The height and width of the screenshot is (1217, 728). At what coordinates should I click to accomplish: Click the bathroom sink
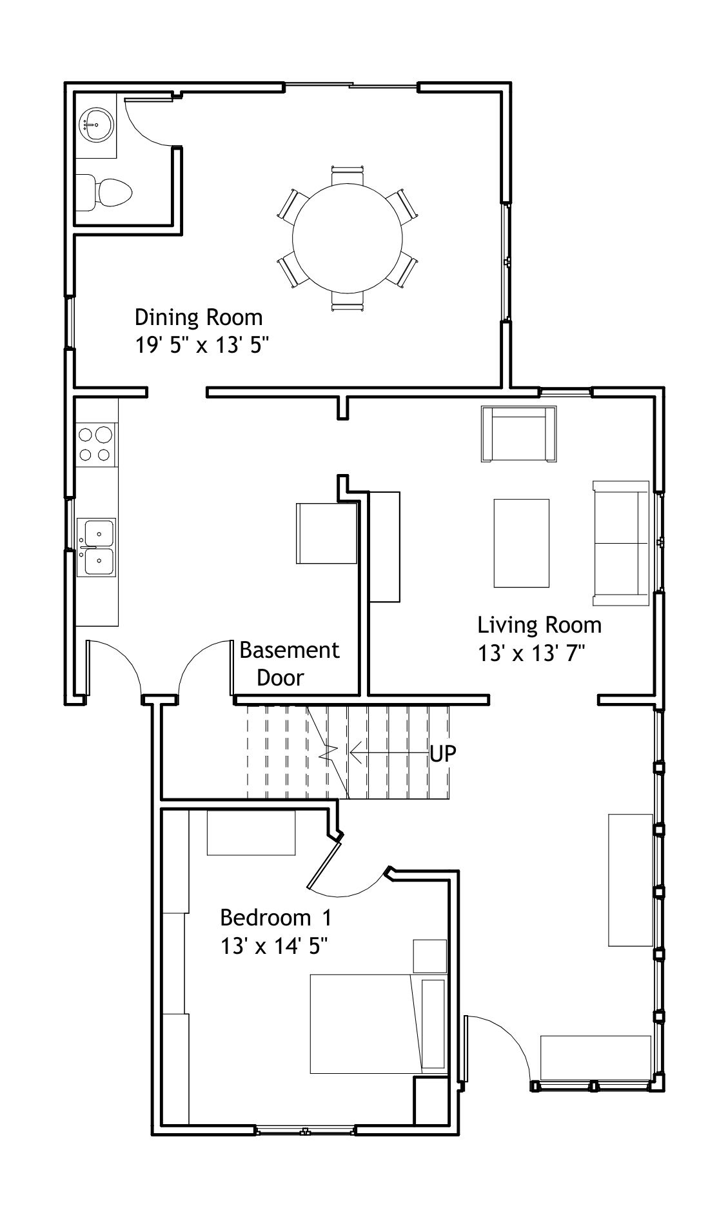pyautogui.click(x=96, y=124)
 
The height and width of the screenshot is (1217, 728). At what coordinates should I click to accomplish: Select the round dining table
pyautogui.click(x=348, y=237)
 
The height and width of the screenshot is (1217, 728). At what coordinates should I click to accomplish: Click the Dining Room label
pyautogui.click(x=199, y=317)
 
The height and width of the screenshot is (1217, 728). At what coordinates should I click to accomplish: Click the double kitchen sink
pyautogui.click(x=96, y=547)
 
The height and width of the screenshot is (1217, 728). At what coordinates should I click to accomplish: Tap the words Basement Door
pyautogui.click(x=289, y=664)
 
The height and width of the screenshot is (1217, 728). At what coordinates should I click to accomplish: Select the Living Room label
pyautogui.click(x=540, y=625)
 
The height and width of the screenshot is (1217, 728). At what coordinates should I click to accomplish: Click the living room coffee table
pyautogui.click(x=522, y=543)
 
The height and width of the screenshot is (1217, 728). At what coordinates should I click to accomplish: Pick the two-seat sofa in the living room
pyautogui.click(x=621, y=543)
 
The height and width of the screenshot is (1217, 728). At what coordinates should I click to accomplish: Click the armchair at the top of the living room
pyautogui.click(x=518, y=434)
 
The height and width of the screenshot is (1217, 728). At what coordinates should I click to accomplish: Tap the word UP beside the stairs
pyautogui.click(x=443, y=753)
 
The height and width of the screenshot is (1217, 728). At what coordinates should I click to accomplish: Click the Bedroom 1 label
pyautogui.click(x=276, y=917)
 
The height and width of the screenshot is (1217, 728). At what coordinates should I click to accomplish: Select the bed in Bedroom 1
pyautogui.click(x=378, y=1024)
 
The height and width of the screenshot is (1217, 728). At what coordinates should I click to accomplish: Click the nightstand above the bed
pyautogui.click(x=430, y=956)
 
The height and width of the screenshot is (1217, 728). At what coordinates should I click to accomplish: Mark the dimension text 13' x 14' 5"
pyautogui.click(x=275, y=947)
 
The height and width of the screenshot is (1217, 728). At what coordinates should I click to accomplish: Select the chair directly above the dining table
pyautogui.click(x=348, y=175)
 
